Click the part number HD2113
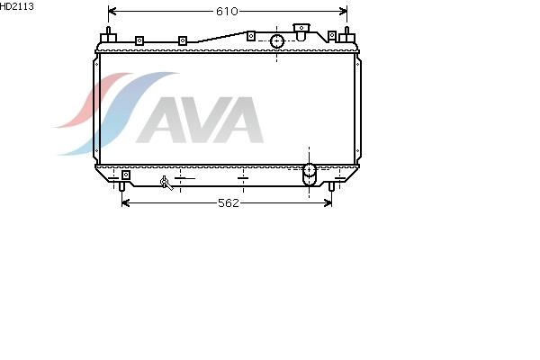click(16, 6)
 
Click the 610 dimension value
click(227, 12)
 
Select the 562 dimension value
click(229, 202)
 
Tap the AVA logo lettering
click(201, 120)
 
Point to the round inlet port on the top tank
click(277, 41)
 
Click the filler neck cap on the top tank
click(301, 31)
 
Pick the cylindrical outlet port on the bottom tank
click(309, 175)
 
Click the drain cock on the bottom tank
click(166, 183)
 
